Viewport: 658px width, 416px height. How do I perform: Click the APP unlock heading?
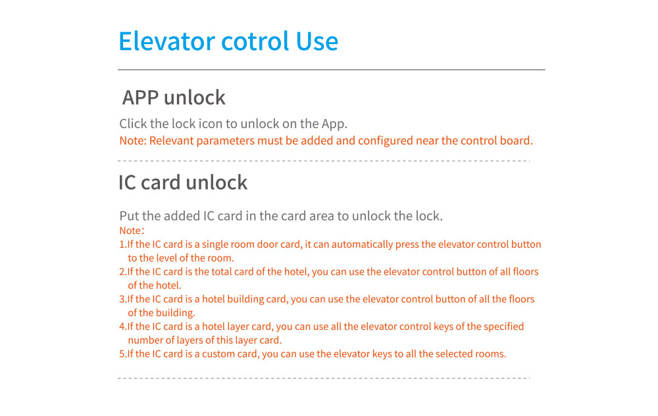174,97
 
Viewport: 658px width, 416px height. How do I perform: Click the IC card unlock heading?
183,182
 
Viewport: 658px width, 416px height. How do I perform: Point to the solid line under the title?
331,69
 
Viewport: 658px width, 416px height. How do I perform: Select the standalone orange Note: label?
131,231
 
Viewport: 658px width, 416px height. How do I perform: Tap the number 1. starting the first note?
122,244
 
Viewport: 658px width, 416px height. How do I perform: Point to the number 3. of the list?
122,299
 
